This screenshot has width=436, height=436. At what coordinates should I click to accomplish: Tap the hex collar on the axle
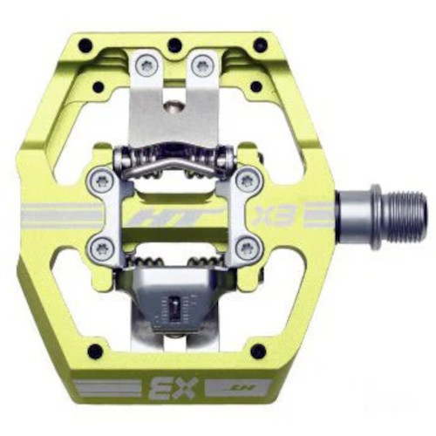[377, 209]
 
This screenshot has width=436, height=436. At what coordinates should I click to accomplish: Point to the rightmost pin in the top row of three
[261, 44]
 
